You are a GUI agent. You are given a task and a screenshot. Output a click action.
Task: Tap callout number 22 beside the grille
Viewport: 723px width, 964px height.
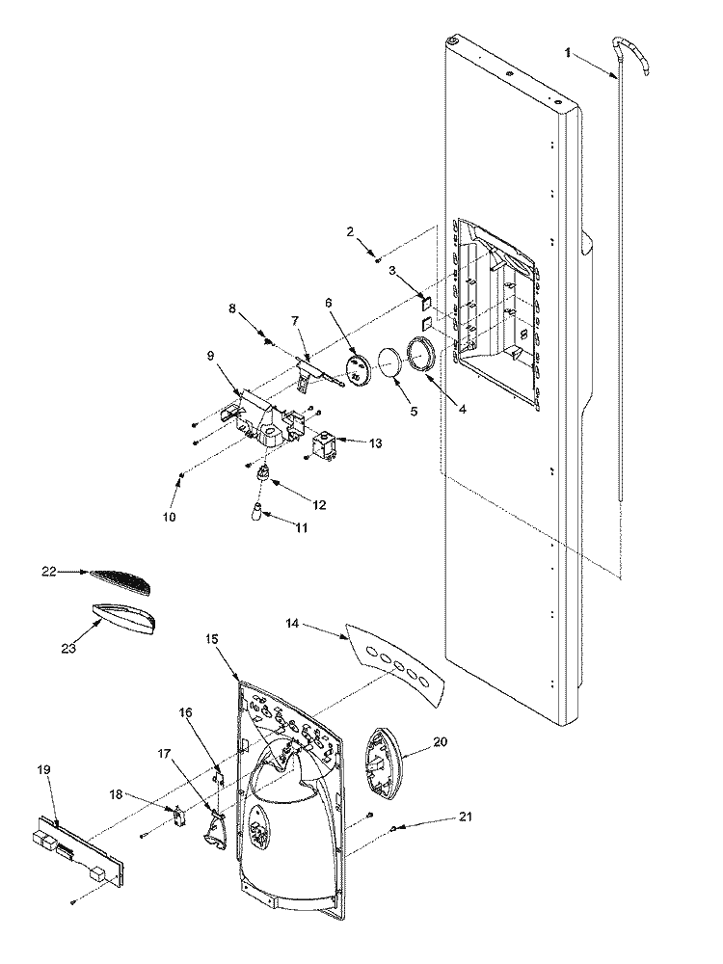(x=49, y=572)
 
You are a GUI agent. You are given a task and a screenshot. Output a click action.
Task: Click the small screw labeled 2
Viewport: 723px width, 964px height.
(x=378, y=258)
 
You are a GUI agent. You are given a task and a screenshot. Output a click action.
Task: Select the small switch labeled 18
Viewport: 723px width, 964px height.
(x=177, y=817)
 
